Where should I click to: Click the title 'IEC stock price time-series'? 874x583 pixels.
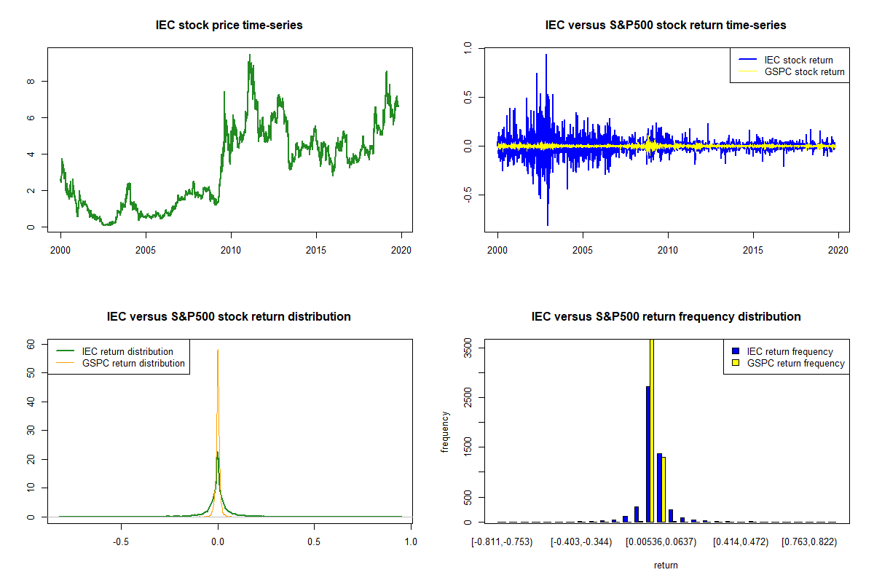tap(229, 26)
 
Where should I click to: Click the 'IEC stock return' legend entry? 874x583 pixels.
tap(798, 60)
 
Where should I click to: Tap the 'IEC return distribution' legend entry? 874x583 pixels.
tap(127, 351)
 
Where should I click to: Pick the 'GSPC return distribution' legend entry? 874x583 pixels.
tap(133, 363)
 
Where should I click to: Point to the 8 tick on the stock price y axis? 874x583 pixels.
tap(31, 81)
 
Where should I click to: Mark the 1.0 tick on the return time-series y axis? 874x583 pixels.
tap(468, 47)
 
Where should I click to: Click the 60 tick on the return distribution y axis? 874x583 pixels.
tap(31, 343)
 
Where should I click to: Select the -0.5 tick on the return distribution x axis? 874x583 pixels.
tap(121, 541)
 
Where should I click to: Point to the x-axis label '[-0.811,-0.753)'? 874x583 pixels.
tap(503, 541)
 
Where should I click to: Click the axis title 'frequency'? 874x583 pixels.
tap(445, 432)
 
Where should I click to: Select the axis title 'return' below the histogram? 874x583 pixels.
tap(666, 565)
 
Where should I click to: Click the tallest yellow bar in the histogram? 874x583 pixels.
tap(652, 430)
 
